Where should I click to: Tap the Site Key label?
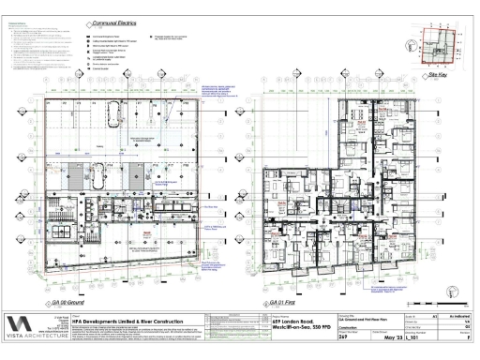[435, 74]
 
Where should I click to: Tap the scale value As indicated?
[458, 318]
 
